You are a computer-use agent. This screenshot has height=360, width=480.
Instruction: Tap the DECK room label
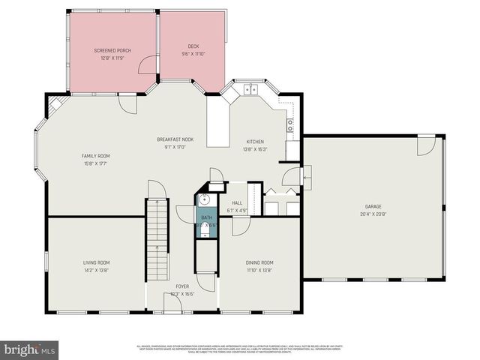[x=193, y=47]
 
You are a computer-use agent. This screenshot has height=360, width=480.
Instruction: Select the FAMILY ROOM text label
[x=95, y=156]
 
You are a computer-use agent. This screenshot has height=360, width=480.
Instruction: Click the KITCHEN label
[x=256, y=142]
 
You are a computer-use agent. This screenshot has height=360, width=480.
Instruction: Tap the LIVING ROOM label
[x=96, y=262]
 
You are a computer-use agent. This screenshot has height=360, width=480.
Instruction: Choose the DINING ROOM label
[x=259, y=262]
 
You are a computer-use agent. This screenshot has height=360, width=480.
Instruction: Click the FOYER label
[x=182, y=286]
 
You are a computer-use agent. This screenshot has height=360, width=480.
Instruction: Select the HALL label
[x=237, y=203]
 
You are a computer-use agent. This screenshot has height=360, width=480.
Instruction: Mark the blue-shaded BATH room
[x=205, y=221]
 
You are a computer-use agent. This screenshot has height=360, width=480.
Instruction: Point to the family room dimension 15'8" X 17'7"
[x=95, y=163]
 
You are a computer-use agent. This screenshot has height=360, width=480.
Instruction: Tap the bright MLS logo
[x=30, y=349]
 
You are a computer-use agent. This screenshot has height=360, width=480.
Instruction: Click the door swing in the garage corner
[x=425, y=145]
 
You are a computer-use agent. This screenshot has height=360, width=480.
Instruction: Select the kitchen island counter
[x=217, y=124]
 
